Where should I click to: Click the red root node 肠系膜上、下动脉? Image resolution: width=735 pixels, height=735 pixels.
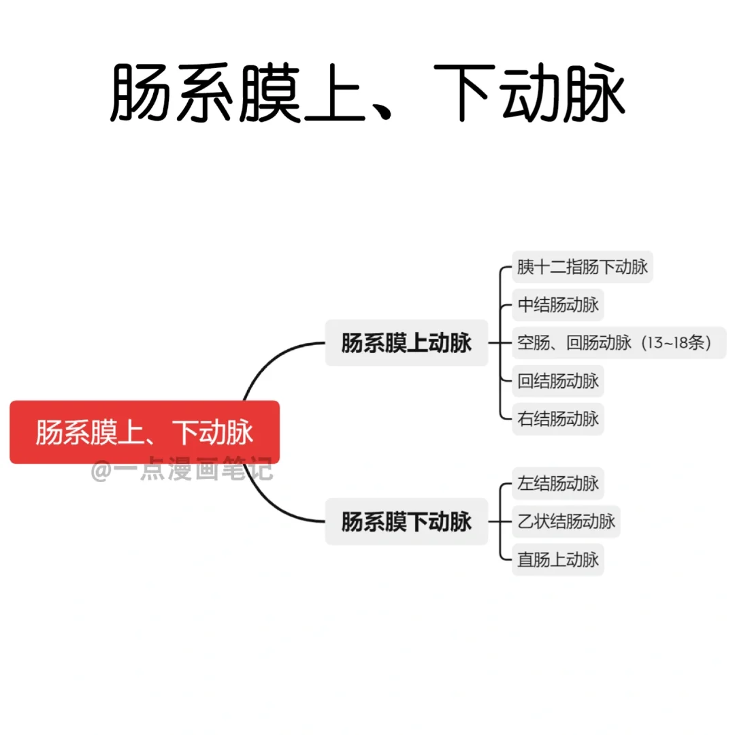(x=144, y=432)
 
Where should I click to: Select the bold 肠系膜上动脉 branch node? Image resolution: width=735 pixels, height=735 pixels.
(x=406, y=343)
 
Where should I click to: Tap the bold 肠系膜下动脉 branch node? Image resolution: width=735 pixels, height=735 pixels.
(x=406, y=522)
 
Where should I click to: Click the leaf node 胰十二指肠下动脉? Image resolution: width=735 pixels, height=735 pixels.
(x=582, y=267)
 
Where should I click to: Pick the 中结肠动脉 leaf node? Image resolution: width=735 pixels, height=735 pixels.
(x=557, y=305)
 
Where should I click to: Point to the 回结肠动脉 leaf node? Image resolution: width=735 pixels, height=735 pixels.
(x=557, y=380)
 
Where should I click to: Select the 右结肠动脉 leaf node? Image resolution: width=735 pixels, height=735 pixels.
(x=557, y=418)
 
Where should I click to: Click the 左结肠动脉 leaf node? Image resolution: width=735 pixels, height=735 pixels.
(x=557, y=484)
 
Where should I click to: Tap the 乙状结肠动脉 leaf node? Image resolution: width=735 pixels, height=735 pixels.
(x=566, y=522)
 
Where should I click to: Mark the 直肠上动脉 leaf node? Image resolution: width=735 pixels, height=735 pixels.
(x=557, y=559)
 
